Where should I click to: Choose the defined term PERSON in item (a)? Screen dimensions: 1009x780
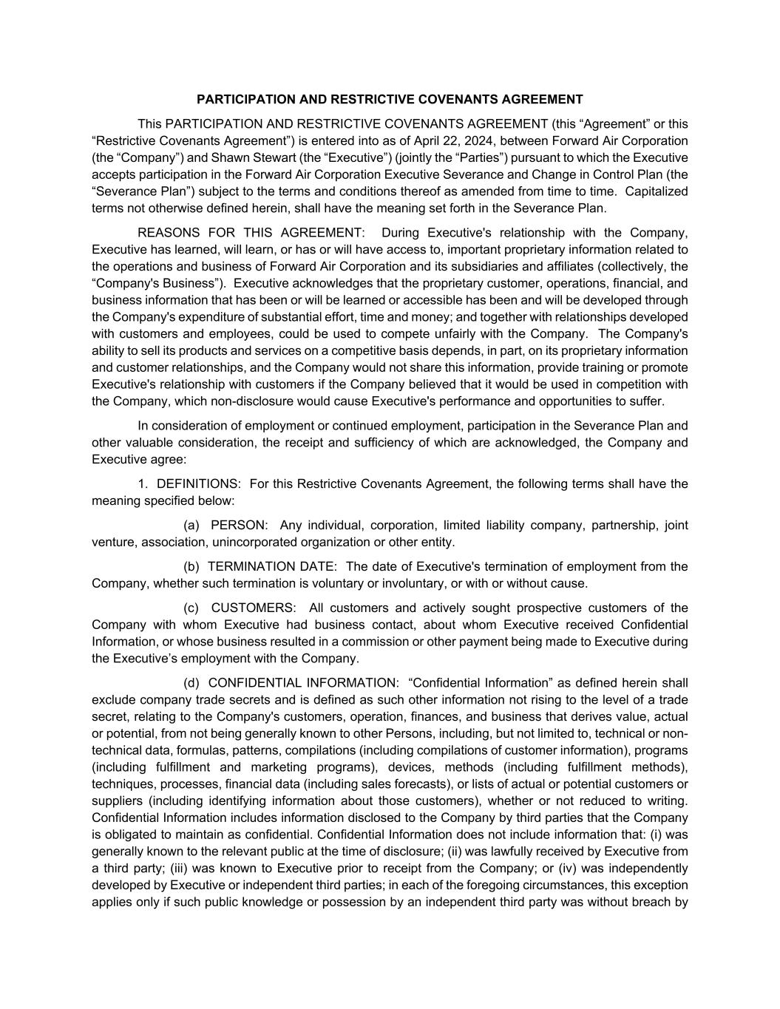pos(238,526)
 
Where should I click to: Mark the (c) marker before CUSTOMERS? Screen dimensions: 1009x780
pos(191,608)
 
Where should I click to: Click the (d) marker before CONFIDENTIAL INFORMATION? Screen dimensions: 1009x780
pos(191,683)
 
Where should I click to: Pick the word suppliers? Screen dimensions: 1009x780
pos(118,801)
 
